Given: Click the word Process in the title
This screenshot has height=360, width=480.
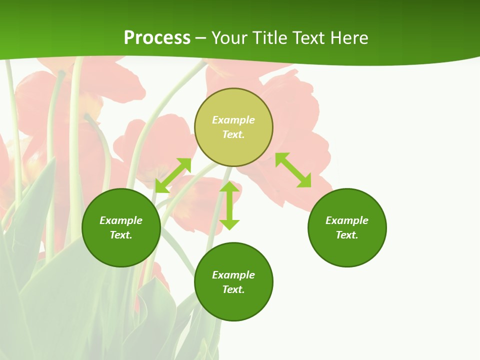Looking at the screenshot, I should click(157, 38).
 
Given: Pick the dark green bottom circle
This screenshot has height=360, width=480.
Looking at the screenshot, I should click(233, 305).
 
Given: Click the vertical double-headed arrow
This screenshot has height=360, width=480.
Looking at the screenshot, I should click(229, 205).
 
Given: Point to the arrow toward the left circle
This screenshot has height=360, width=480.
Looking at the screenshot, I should click(173, 175).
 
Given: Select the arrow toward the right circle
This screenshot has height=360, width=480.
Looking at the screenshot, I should click(293, 170).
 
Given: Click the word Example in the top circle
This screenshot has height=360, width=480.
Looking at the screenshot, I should click(233, 120).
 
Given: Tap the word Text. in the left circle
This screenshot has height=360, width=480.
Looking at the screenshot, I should click(121, 235).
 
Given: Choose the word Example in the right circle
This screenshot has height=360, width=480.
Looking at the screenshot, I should click(347, 220).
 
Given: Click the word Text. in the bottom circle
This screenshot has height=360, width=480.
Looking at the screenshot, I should click(233, 289).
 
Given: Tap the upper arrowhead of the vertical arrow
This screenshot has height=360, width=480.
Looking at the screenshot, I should click(229, 187).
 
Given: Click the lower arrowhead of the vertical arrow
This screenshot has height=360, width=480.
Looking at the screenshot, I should click(229, 224).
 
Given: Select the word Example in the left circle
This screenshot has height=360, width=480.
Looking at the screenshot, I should click(121, 220).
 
